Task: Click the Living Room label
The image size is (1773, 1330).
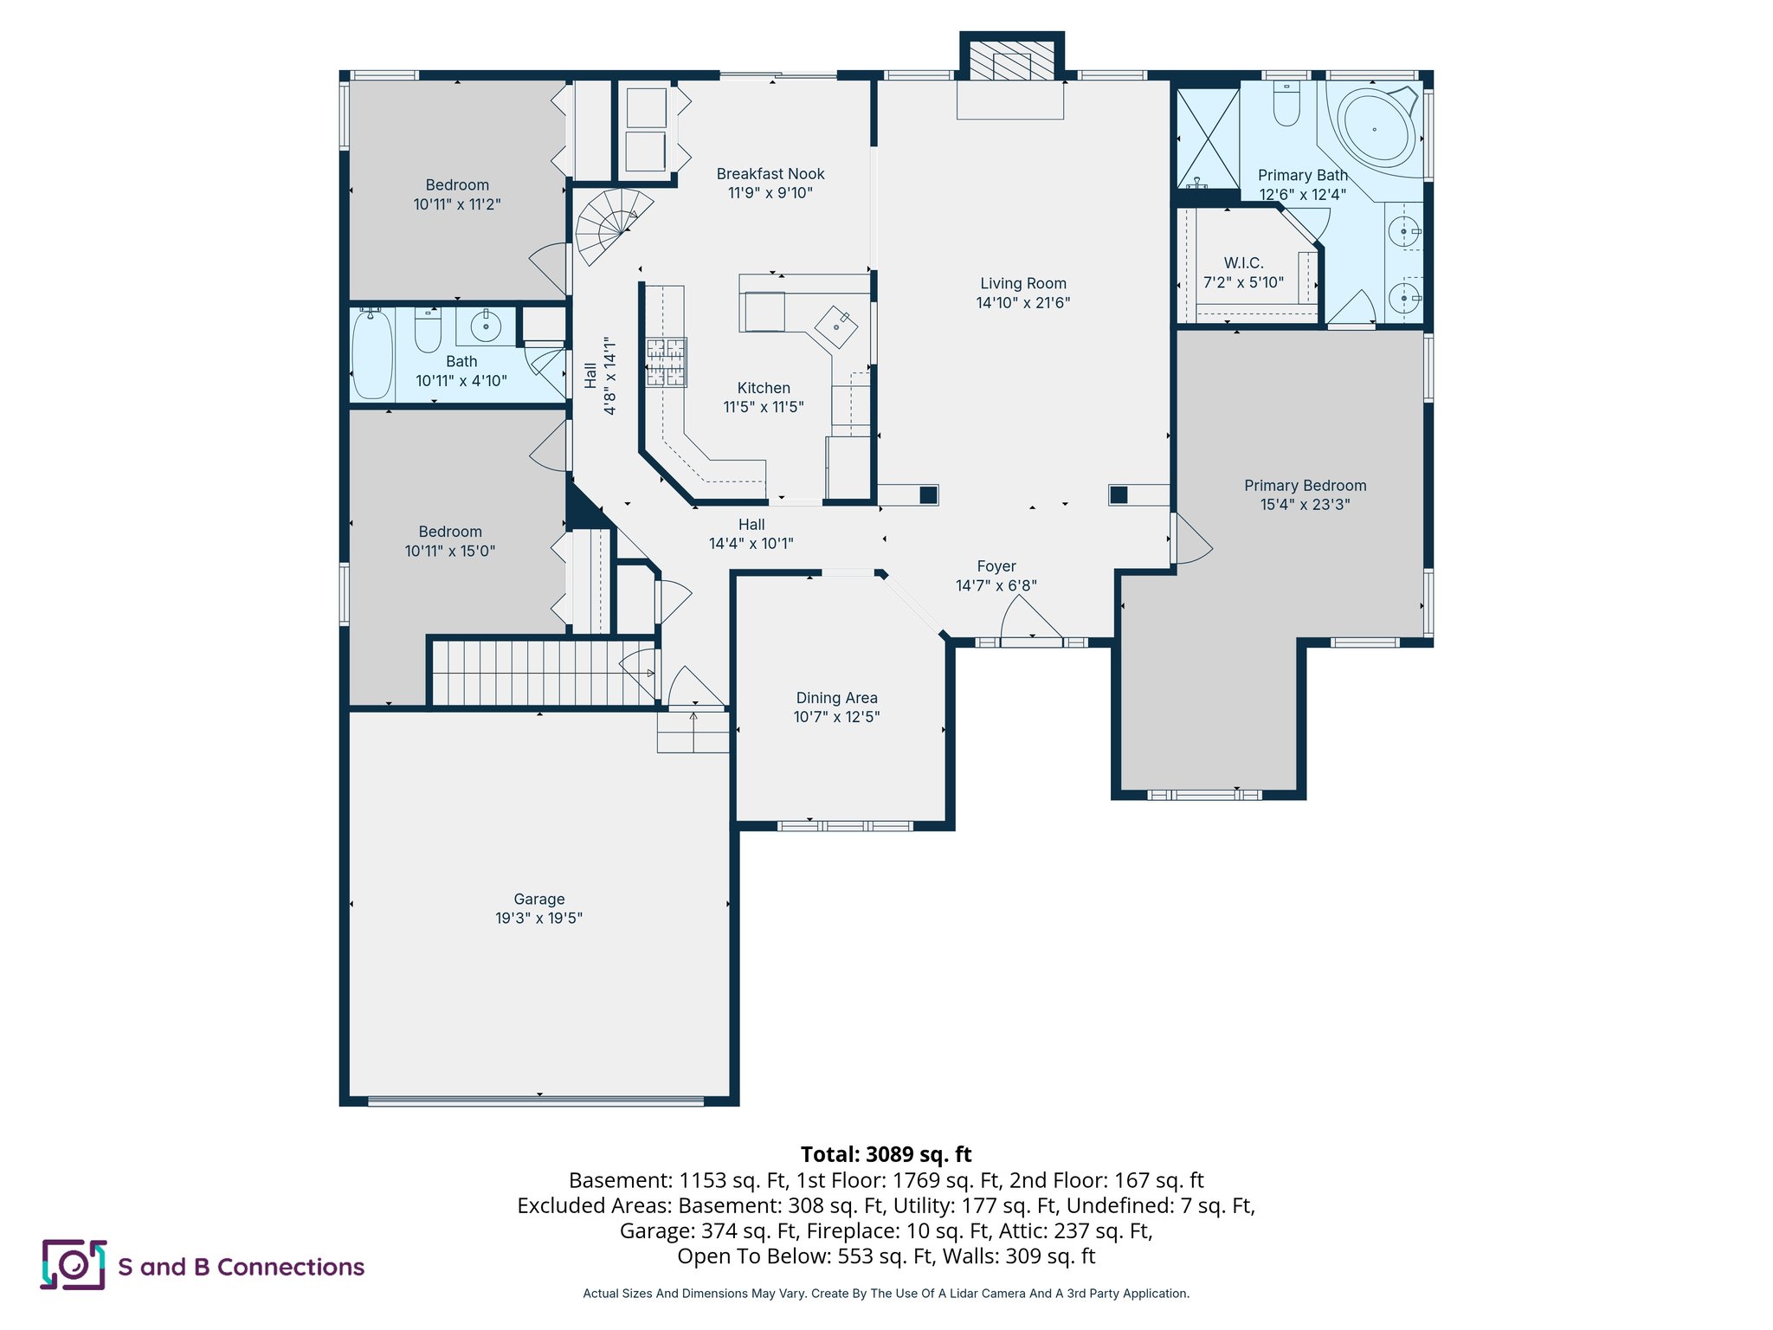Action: click(x=1022, y=283)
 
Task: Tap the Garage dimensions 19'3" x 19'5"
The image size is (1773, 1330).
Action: click(x=538, y=918)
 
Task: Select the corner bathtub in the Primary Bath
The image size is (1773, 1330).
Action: click(x=1376, y=129)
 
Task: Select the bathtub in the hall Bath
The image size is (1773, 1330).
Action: click(x=372, y=354)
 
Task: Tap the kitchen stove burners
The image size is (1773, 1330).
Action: click(x=666, y=362)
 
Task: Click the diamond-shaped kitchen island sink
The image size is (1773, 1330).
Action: click(x=836, y=327)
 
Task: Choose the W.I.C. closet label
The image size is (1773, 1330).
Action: click(x=1243, y=263)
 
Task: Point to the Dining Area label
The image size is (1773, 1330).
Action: click(x=836, y=698)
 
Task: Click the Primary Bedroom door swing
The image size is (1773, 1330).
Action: click(x=1191, y=541)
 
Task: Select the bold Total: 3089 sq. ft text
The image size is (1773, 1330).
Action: click(x=886, y=1154)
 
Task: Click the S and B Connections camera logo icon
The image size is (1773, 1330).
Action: click(x=74, y=1265)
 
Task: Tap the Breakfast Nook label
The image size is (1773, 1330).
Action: click(x=770, y=174)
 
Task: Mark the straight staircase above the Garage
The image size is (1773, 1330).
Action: click(x=541, y=673)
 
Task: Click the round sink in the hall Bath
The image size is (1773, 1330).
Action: click(x=486, y=326)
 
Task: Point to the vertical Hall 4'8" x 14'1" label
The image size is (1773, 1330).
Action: click(x=600, y=376)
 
